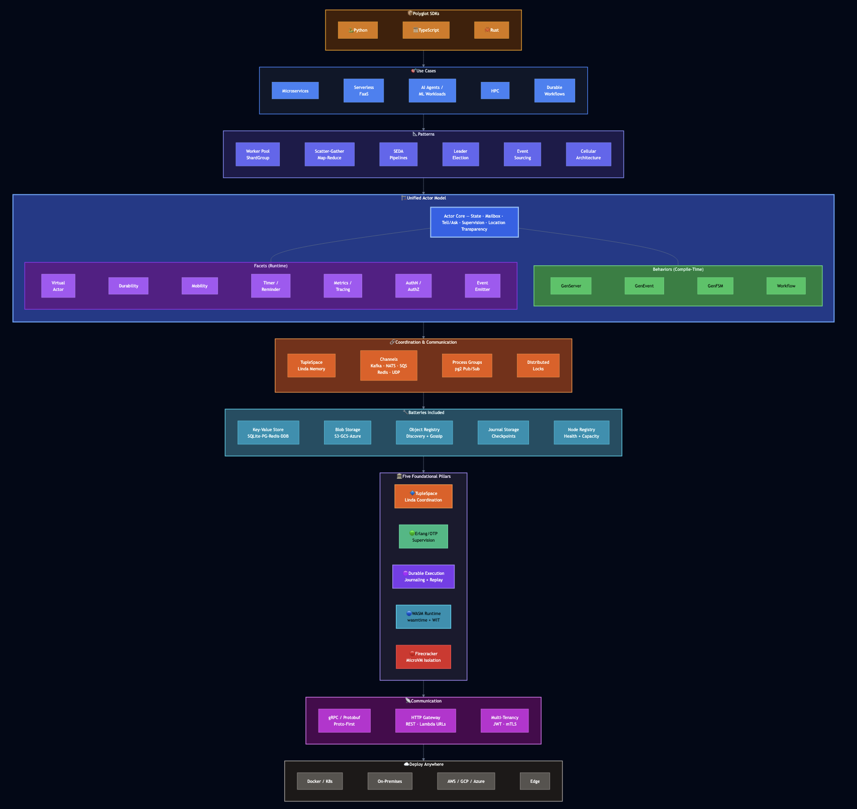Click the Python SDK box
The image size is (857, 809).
358,30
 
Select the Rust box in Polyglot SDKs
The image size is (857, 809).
491,30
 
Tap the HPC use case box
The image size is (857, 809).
495,91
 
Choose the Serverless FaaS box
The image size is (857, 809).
364,91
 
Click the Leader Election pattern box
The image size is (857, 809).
461,154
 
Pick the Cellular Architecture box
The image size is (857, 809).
588,154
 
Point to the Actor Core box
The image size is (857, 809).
474,222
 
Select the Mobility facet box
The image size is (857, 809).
199,286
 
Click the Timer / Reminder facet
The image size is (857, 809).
271,286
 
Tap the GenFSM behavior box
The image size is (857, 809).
715,286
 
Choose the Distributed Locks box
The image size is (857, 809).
538,366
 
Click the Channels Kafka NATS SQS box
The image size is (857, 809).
389,366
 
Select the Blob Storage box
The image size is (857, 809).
348,433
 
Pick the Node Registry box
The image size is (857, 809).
581,433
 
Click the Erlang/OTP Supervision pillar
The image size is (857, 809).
423,537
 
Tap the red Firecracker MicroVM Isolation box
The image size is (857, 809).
423,657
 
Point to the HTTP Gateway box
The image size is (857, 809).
425,721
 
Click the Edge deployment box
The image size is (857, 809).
535,781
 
